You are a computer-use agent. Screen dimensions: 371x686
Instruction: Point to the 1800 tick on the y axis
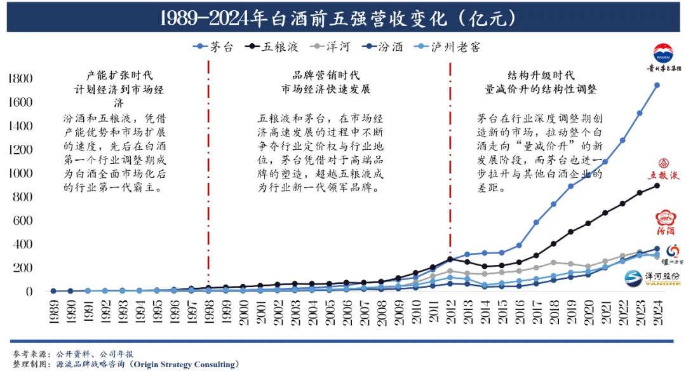coord(20,79)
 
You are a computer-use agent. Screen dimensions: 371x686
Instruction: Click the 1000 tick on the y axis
coord(20,173)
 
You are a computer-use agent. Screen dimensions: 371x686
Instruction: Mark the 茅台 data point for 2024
coord(657,85)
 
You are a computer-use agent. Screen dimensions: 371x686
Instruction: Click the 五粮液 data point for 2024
coord(657,185)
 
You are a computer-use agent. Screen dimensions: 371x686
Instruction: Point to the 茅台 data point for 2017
coord(536,222)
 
